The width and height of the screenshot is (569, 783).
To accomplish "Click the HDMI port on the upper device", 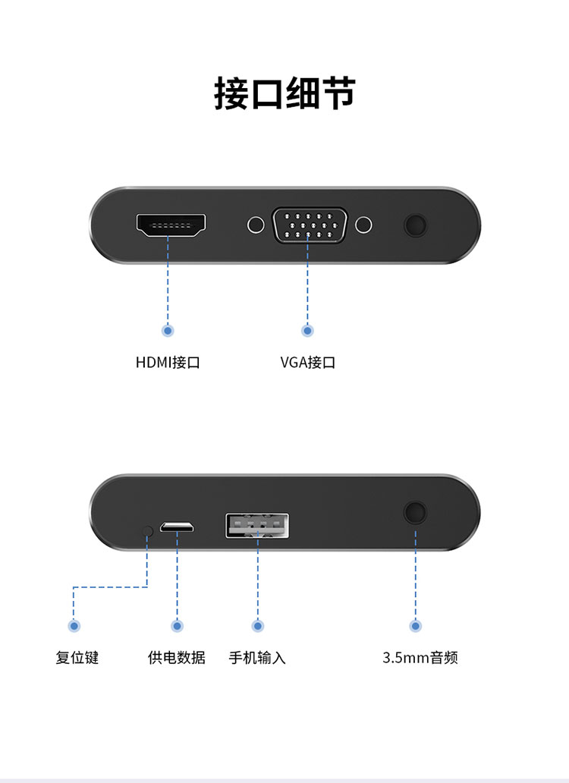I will [x=171, y=225].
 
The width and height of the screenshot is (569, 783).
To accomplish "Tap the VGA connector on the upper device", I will [x=310, y=225].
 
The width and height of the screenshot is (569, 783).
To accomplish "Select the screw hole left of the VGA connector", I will [x=256, y=225].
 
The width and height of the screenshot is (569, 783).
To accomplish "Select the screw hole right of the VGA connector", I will [x=365, y=225].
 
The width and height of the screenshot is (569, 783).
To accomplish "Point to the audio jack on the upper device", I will [x=415, y=225].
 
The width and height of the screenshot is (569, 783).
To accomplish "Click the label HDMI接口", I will [x=168, y=362].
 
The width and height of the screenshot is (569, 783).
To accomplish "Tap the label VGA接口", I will [x=307, y=362].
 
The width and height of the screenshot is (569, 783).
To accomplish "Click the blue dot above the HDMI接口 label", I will [x=168, y=330].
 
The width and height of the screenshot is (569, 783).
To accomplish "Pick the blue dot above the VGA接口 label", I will [x=307, y=330].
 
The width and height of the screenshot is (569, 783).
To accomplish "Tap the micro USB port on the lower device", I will [x=178, y=527].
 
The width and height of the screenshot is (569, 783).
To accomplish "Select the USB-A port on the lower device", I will [x=257, y=526].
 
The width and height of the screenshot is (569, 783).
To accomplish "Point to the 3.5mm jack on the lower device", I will [x=415, y=512].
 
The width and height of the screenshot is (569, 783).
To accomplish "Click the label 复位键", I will [x=77, y=657].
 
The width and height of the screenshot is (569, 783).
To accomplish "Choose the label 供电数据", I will [x=176, y=657].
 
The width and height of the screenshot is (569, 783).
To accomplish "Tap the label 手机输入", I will [x=257, y=657].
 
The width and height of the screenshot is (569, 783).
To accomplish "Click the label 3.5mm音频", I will [x=420, y=657].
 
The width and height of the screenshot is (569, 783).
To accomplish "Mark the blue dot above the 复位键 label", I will [x=74, y=626].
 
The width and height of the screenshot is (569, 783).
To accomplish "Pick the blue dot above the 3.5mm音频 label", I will [x=415, y=626].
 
